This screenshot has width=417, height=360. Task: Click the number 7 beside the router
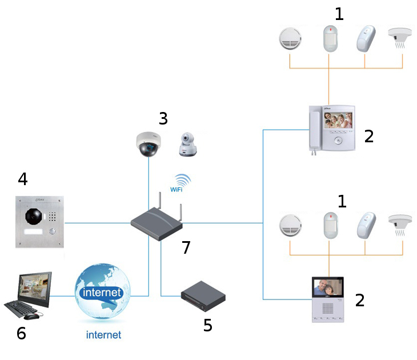coord(185,247)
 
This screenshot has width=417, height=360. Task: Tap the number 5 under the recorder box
coord(208,325)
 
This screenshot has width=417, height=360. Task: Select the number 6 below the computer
coord(21,333)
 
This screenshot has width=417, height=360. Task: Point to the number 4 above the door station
coord(22,179)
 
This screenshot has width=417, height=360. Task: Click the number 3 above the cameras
coord(163,119)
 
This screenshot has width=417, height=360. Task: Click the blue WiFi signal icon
coord(181,181)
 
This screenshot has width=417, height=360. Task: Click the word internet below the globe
coord(103,335)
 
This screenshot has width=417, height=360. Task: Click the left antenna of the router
coord(158,203)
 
